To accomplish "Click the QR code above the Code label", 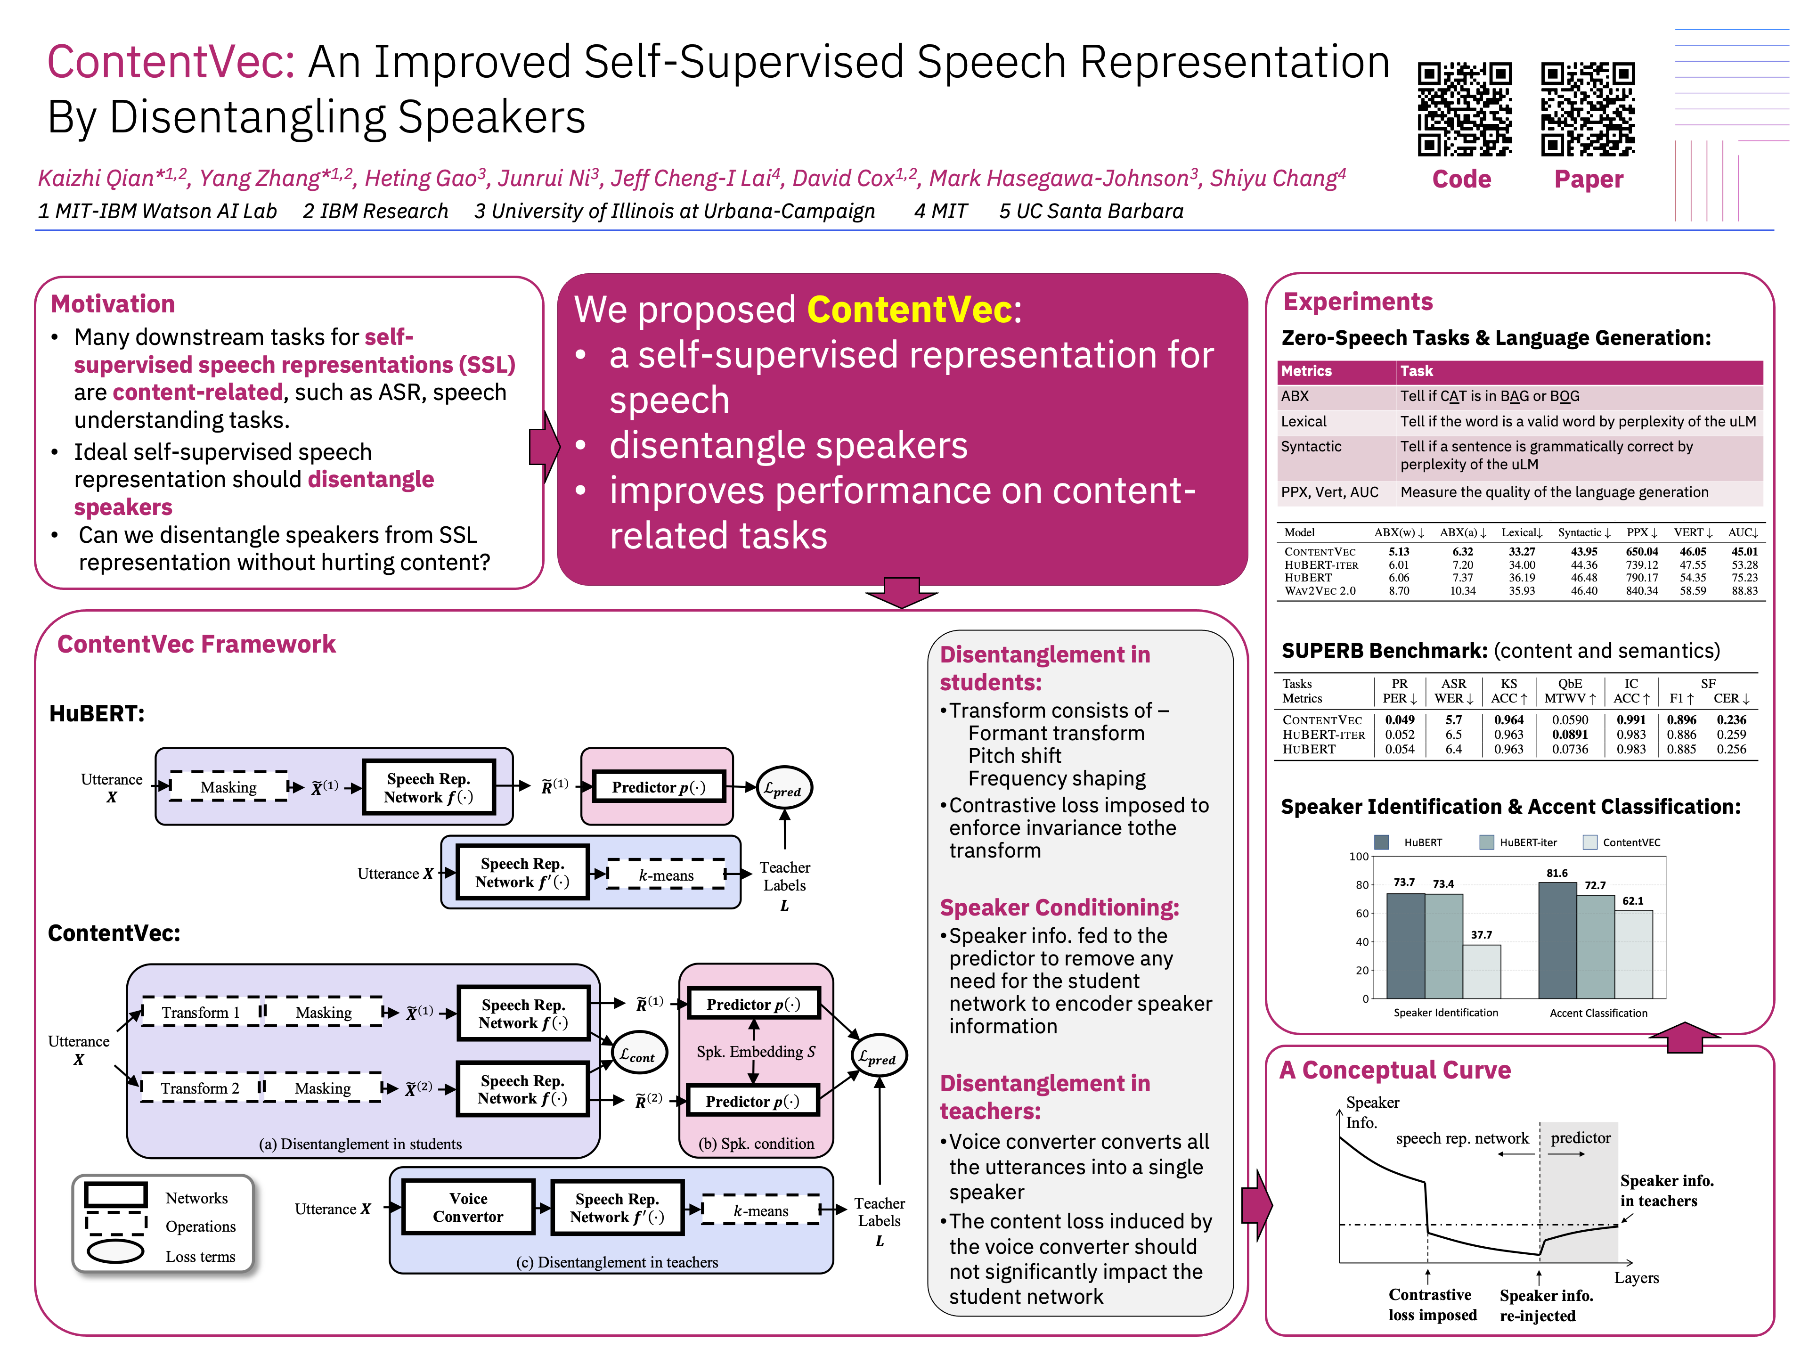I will [1464, 109].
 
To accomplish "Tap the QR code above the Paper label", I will [1588, 109].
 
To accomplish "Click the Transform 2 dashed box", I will [200, 1088].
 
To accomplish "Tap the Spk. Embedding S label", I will [755, 1052].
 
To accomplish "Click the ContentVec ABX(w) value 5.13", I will [1399, 551].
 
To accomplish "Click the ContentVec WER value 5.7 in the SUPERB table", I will [1453, 720].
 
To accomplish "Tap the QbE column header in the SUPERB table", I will [1569, 684].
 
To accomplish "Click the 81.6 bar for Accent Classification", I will [1557, 940].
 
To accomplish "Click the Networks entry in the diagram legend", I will [196, 1198].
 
